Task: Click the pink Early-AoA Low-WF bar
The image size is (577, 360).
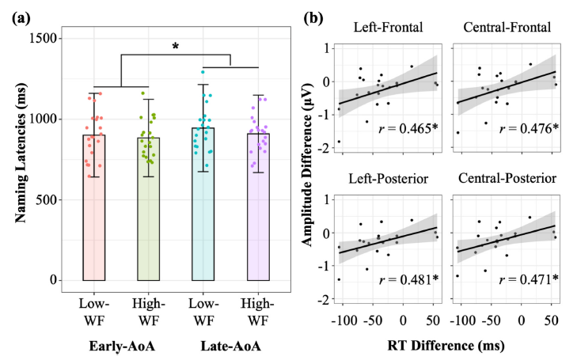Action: (x=94, y=208)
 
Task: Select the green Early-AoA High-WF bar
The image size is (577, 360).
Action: (x=148, y=209)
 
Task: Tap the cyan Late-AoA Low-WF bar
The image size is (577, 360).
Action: (x=203, y=204)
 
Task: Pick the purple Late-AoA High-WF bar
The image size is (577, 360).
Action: (x=258, y=207)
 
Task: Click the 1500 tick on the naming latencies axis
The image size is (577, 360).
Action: (x=43, y=38)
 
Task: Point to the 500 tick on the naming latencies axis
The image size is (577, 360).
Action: (x=47, y=199)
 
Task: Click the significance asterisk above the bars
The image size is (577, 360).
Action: (x=176, y=47)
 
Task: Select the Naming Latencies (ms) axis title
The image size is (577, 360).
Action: (x=21, y=153)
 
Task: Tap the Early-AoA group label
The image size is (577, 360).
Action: (x=122, y=346)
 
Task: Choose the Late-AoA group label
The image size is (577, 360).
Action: (x=231, y=346)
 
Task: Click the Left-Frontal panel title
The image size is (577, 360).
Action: (x=388, y=27)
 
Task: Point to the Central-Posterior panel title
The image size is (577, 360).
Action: (x=507, y=178)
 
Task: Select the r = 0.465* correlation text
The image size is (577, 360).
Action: (x=408, y=128)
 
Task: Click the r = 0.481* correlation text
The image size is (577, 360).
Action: (x=408, y=279)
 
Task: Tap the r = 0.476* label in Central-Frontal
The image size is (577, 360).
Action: (x=529, y=128)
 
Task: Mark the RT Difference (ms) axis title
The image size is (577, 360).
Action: (x=446, y=346)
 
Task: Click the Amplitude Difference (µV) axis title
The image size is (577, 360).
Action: (x=307, y=165)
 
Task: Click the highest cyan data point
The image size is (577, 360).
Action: (x=203, y=72)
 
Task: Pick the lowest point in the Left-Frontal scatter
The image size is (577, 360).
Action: (x=339, y=142)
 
